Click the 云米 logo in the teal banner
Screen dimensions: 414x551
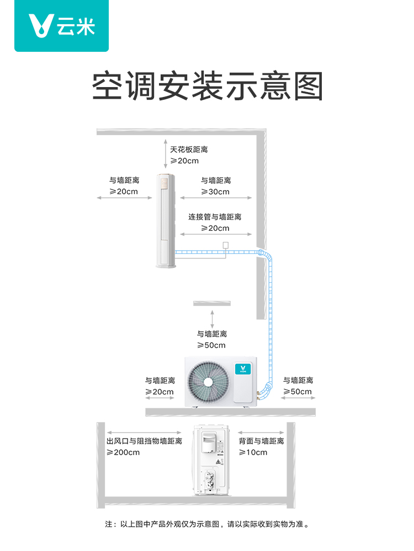[62, 26]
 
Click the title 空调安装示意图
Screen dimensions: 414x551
[207, 86]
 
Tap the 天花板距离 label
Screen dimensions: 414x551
[189, 149]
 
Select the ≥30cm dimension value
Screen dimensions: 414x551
[215, 192]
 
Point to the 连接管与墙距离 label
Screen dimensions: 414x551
[215, 217]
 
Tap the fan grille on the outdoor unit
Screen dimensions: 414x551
[208, 381]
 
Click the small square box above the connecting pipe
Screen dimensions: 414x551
[225, 245]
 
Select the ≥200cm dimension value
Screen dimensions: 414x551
[123, 452]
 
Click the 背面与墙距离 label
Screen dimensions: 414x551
[261, 441]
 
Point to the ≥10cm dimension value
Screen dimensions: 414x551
[253, 452]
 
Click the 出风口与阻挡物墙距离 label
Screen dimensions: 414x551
[144, 441]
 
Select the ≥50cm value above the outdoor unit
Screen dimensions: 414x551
[212, 345]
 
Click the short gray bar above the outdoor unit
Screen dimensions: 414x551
[212, 303]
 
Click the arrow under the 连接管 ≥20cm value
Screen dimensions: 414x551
[215, 235]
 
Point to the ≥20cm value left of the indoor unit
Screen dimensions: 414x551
[124, 192]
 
